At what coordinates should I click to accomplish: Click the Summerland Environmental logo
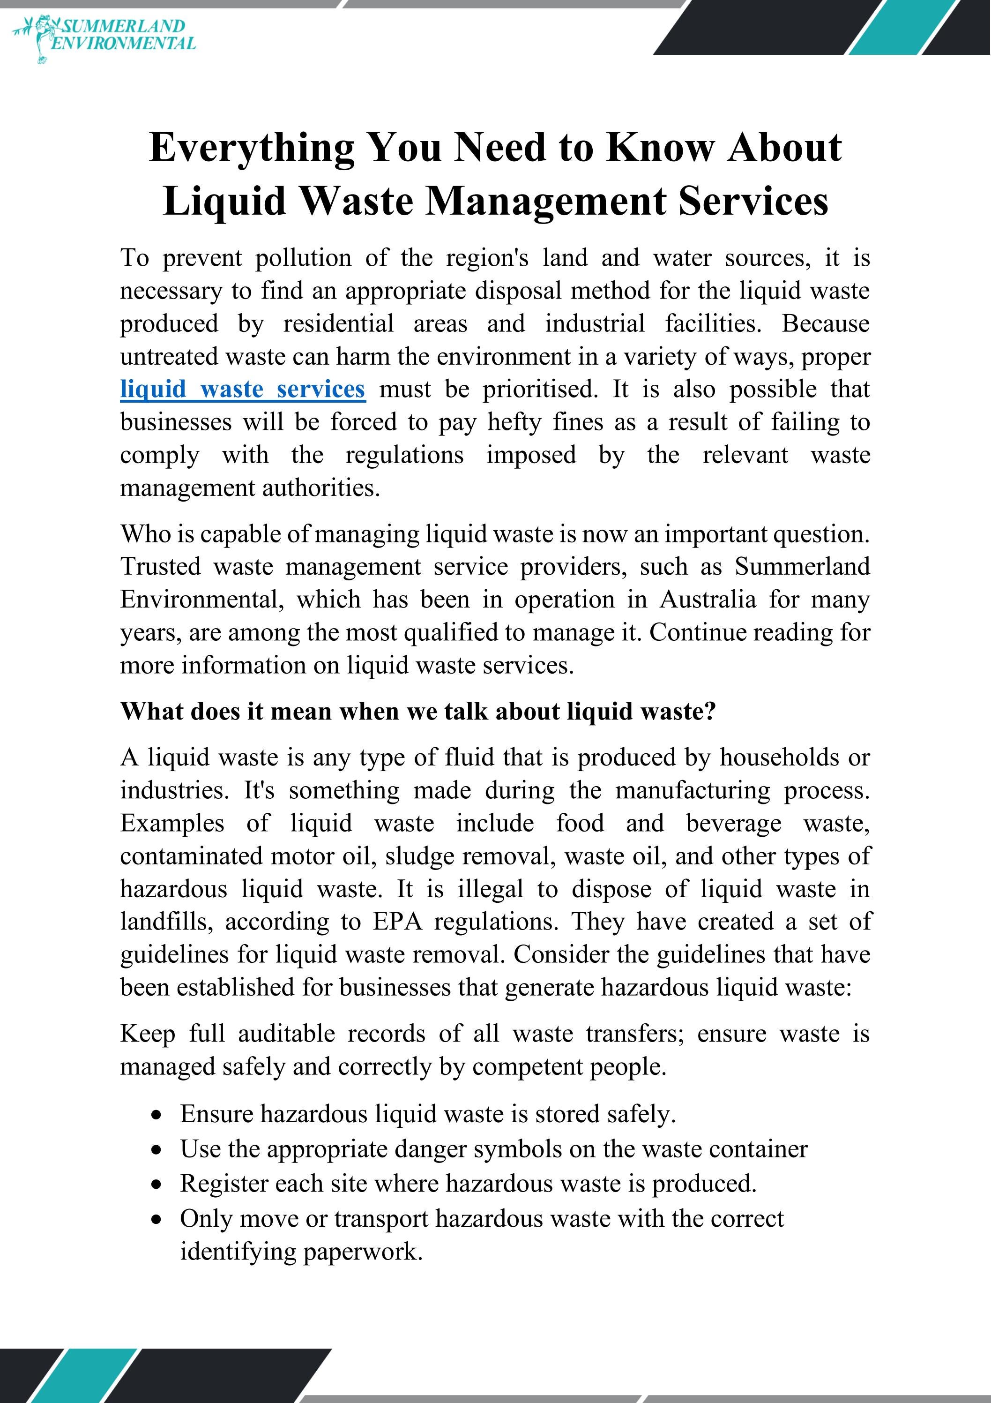104,36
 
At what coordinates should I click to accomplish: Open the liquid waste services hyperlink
243,389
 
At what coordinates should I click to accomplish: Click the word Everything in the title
251,148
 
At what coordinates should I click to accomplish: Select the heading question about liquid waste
417,711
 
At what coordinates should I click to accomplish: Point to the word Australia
707,600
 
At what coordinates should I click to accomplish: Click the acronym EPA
398,922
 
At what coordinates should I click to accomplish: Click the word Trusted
160,566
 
